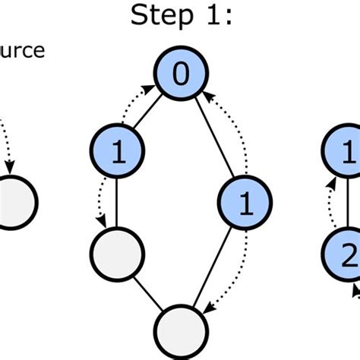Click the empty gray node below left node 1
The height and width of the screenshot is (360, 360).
[117, 257]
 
